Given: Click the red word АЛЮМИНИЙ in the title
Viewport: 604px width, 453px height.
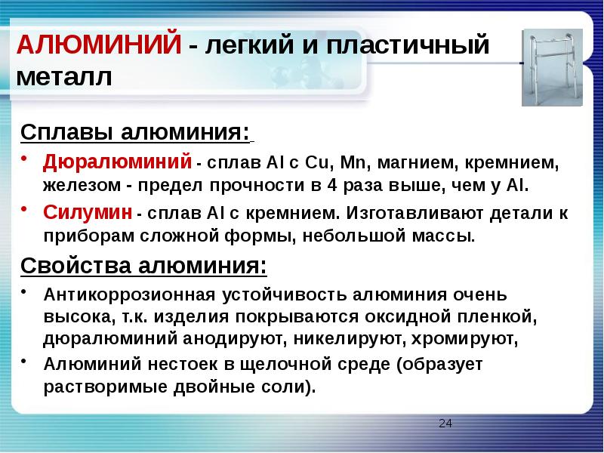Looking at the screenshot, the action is (99, 44).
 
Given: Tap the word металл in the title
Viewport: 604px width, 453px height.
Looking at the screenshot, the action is (64, 76).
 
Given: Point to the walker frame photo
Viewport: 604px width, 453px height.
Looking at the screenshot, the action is (552, 67).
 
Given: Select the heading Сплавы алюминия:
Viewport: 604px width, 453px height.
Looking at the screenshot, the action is (135, 132).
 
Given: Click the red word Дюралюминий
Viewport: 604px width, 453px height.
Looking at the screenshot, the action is (117, 162).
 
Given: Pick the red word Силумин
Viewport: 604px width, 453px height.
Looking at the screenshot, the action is (88, 212).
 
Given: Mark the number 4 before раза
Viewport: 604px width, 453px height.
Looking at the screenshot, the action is (332, 185).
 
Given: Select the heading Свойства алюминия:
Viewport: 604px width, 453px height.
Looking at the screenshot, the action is (143, 266).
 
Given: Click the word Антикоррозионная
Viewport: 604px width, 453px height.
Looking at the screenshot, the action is (129, 294).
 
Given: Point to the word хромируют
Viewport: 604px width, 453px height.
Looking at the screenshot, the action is (464, 339).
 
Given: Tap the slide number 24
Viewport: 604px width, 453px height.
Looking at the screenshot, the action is (445, 424).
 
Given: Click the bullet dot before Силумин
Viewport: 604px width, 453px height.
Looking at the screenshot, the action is (24, 208).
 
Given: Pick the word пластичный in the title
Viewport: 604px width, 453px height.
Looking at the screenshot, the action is (408, 45).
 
